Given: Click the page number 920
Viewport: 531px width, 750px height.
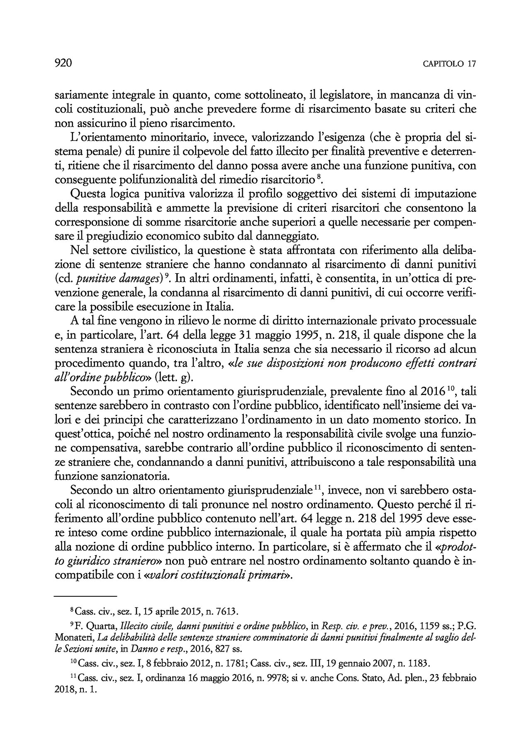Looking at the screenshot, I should point(63,63).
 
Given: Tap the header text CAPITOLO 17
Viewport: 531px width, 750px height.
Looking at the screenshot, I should point(449,64).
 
